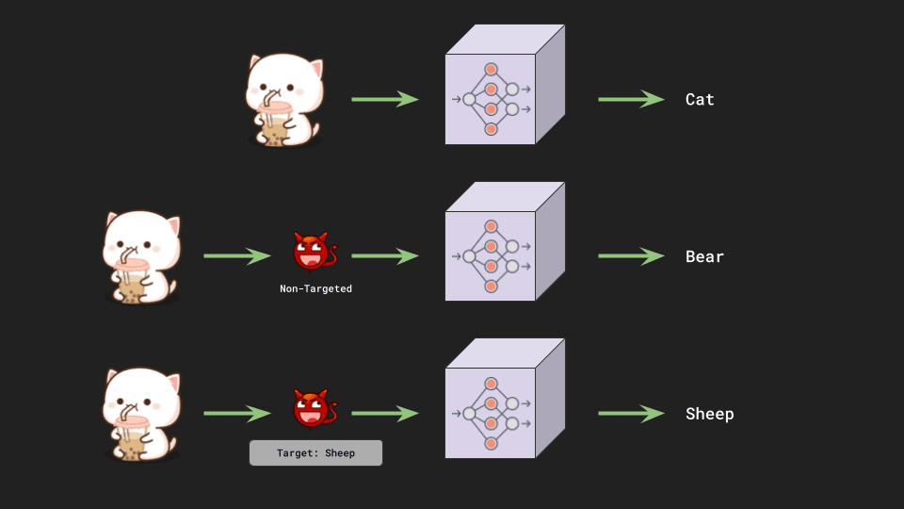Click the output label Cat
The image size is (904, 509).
pyautogui.click(x=700, y=99)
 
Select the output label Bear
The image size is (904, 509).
pyautogui.click(x=704, y=256)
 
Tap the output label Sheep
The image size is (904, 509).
pyautogui.click(x=709, y=414)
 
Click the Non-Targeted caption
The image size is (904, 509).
pyautogui.click(x=315, y=288)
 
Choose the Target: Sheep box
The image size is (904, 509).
pyautogui.click(x=315, y=452)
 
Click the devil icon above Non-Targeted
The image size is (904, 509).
pyautogui.click(x=314, y=253)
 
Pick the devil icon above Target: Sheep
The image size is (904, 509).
pyautogui.click(x=314, y=410)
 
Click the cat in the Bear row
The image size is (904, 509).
pyautogui.click(x=140, y=257)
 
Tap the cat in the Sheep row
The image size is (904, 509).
pyautogui.click(x=140, y=415)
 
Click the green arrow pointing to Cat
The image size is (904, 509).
pyautogui.click(x=631, y=99)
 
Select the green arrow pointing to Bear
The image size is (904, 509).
pyautogui.click(x=631, y=256)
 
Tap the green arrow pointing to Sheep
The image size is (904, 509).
pyautogui.click(x=631, y=414)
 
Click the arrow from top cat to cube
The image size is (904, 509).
pyautogui.click(x=384, y=99)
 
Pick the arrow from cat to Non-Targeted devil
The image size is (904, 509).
pyautogui.click(x=236, y=256)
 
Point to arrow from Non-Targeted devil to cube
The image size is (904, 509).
pyautogui.click(x=384, y=256)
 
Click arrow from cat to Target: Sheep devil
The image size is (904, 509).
pyautogui.click(x=236, y=414)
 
